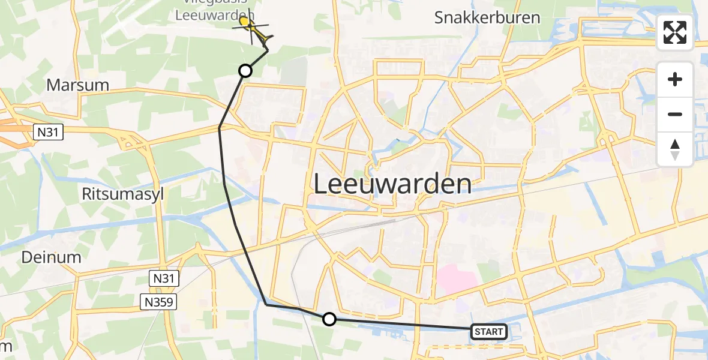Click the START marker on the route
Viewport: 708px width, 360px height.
[489, 331]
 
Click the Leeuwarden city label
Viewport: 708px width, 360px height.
[392, 184]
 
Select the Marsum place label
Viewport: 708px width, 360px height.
[77, 85]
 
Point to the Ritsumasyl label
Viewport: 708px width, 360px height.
[122, 194]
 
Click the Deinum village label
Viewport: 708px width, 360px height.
[51, 257]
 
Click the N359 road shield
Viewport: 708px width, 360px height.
[159, 301]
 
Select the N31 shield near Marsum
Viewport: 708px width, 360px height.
[47, 131]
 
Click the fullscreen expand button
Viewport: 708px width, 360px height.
[675, 32]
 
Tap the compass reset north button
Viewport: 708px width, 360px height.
[675, 149]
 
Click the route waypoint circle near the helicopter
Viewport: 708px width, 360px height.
[245, 71]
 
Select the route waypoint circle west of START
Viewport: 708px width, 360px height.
[329, 319]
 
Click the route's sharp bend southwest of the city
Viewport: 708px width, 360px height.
[266, 305]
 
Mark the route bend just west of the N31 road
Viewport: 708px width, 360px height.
[220, 128]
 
